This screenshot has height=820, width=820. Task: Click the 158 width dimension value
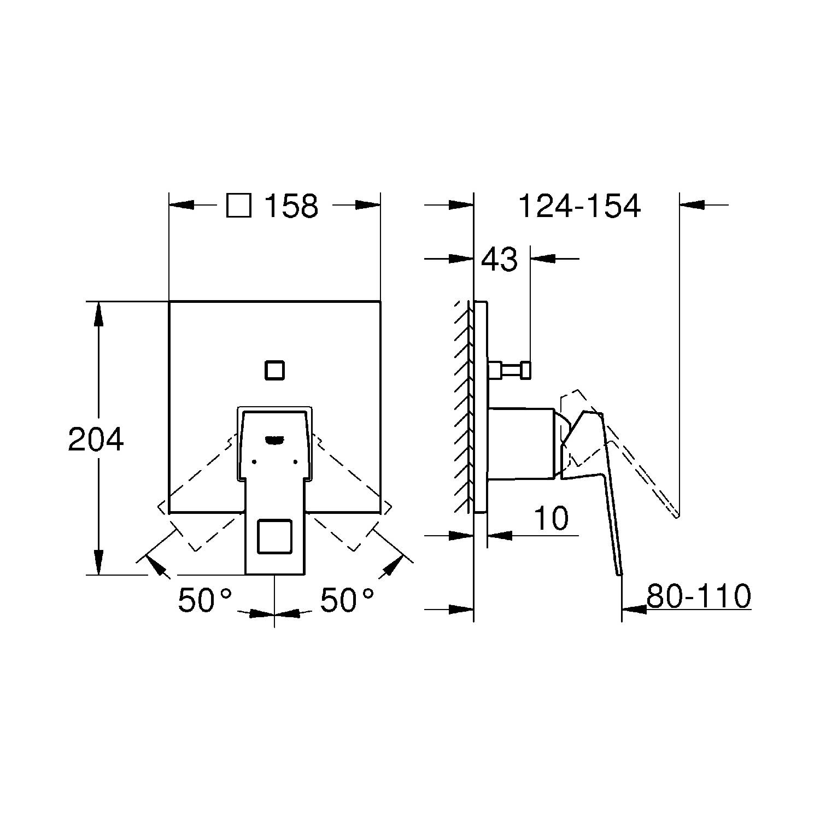point(291,206)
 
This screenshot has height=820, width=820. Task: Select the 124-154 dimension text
point(579,206)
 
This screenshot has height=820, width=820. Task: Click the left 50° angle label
point(205,600)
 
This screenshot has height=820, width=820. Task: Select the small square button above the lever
point(274,370)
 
